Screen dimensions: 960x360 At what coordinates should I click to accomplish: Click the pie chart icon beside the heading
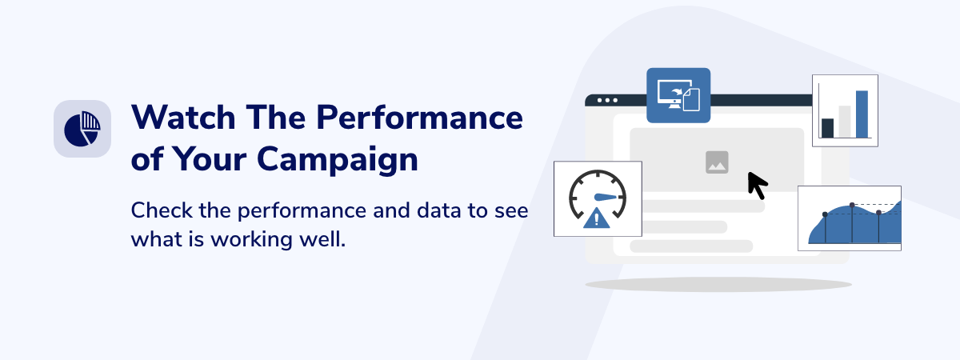point(82,129)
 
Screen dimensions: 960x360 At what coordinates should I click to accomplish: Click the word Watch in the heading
point(183,117)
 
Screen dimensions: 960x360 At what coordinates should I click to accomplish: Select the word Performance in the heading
point(419,118)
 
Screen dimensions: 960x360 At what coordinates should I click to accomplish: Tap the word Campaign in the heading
point(338,160)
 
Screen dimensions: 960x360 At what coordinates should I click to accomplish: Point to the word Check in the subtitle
point(162,210)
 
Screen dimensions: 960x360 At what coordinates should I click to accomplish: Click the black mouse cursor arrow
point(758,186)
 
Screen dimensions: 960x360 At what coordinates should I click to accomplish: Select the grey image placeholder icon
point(717,162)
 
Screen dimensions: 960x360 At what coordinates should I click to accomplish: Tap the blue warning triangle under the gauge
point(597,218)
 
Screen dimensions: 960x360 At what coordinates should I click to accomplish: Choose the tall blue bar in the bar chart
point(862,114)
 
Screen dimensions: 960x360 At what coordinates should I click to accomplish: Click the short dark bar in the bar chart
point(827,128)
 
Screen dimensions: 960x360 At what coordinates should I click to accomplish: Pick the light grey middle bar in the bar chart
point(845,122)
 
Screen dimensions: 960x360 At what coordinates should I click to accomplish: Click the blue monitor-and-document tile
point(678,95)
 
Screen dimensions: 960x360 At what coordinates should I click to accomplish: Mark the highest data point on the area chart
point(852,205)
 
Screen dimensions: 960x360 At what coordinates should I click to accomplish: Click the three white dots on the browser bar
point(607,100)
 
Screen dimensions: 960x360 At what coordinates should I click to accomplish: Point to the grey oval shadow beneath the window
point(718,285)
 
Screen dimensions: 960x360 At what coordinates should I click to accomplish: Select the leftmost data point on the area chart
point(825,214)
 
